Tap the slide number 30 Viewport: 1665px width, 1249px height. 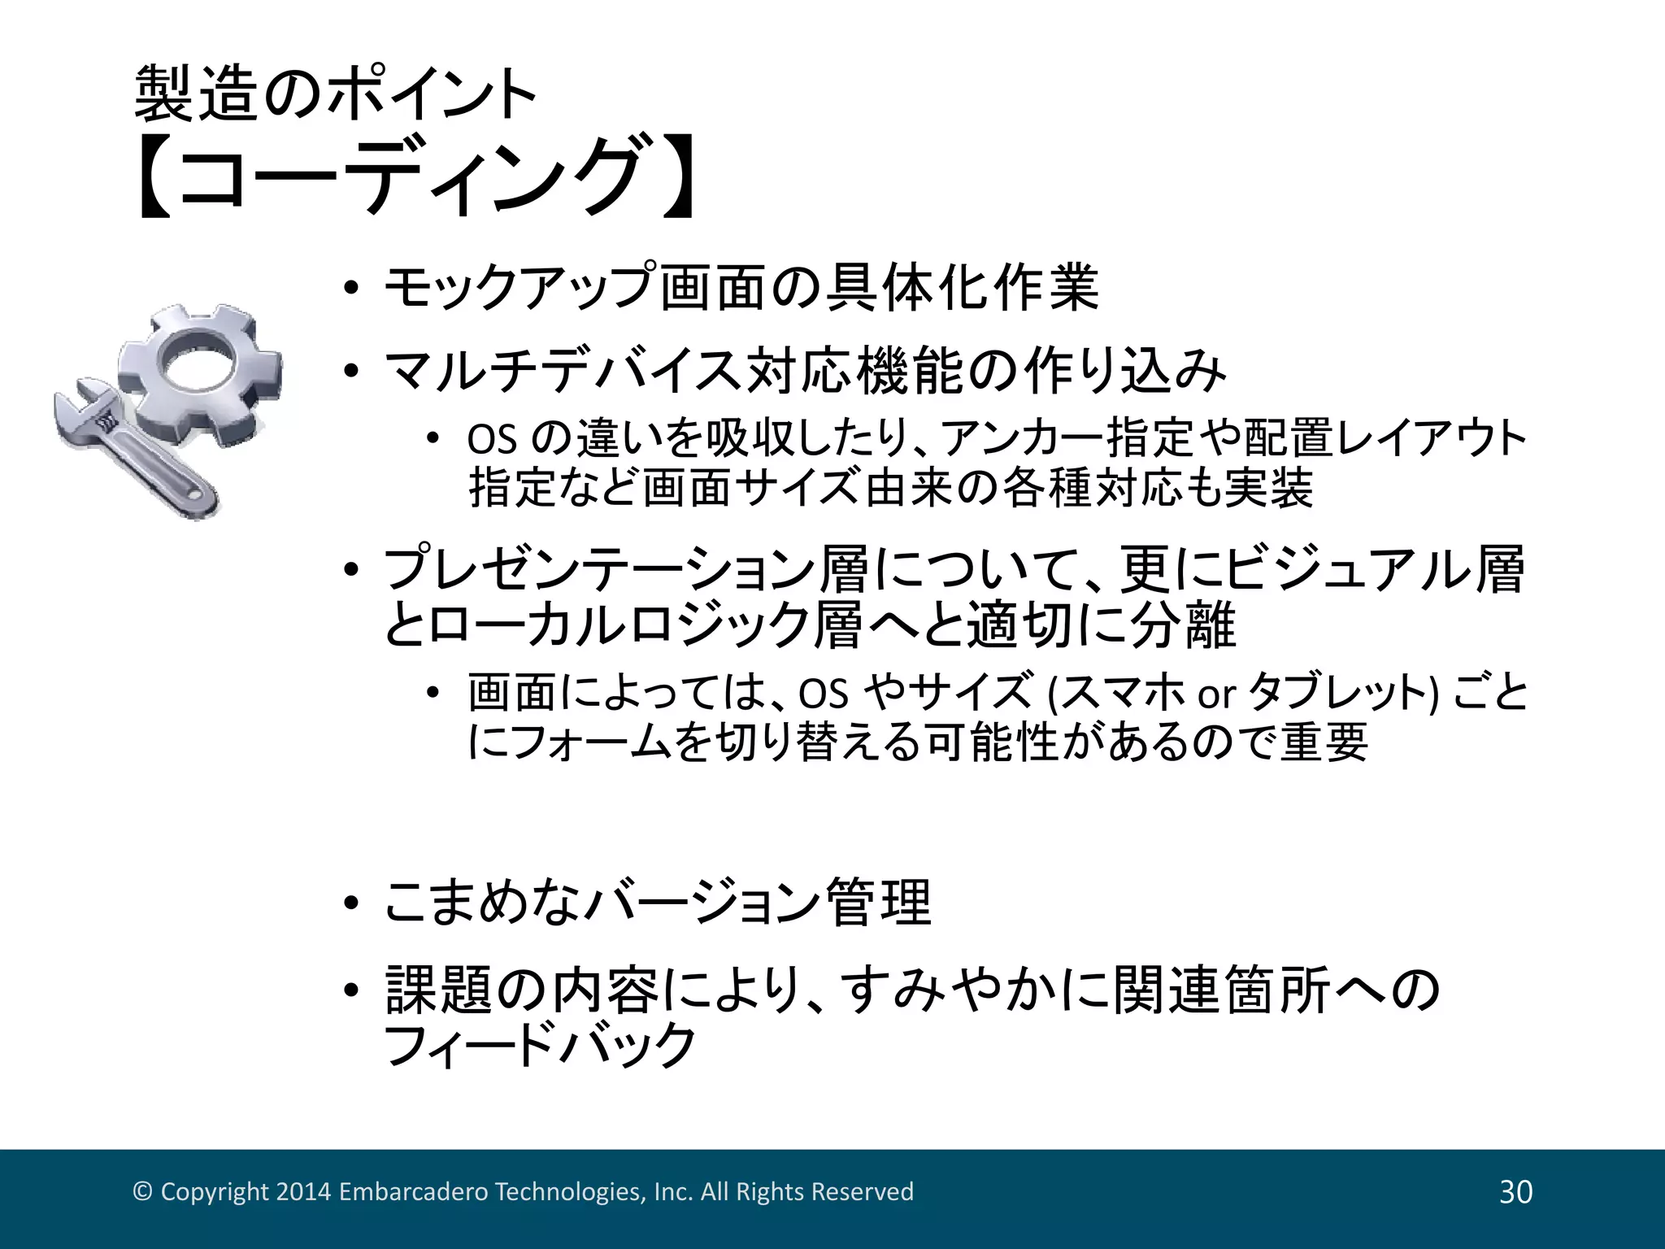tap(1515, 1192)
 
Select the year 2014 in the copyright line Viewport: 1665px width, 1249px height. tap(303, 1192)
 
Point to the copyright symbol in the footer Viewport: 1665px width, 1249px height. tap(143, 1192)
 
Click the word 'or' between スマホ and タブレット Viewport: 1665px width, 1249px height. tap(1216, 694)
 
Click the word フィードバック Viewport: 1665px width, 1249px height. tap(540, 1045)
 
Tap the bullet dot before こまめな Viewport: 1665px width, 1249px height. tap(350, 904)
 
